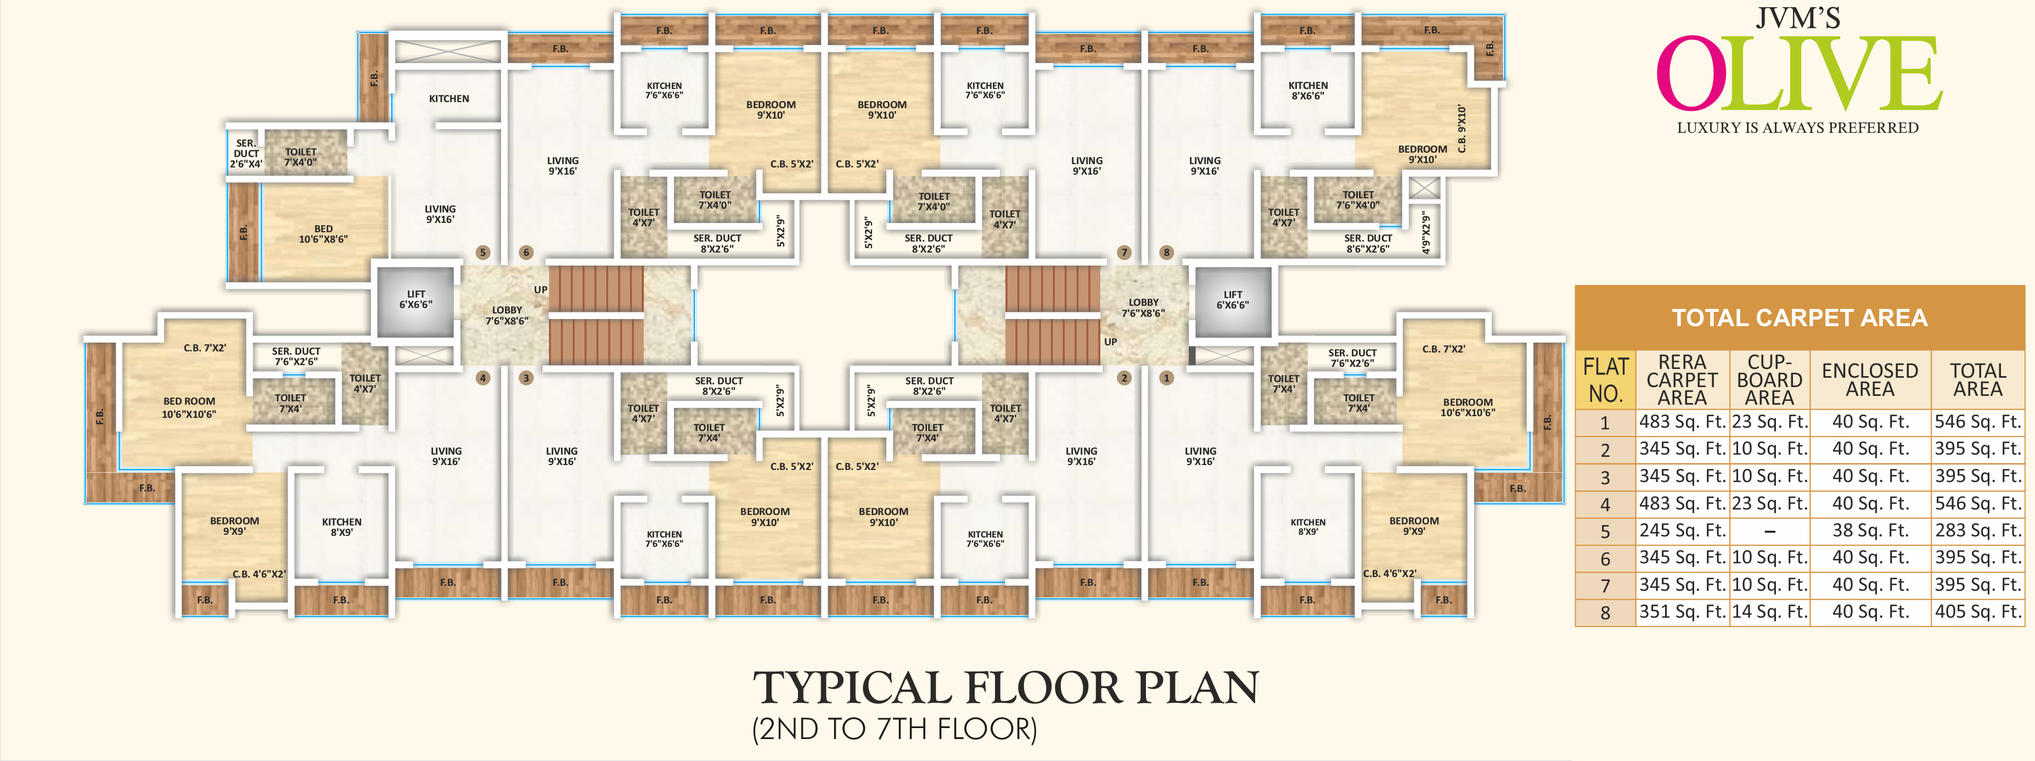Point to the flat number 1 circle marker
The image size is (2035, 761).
tap(1166, 378)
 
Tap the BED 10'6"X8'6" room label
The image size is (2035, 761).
tap(323, 234)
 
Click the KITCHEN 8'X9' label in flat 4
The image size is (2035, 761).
tap(341, 527)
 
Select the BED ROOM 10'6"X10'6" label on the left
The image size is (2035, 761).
tap(189, 407)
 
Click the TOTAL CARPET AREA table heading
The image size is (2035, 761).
tap(1800, 318)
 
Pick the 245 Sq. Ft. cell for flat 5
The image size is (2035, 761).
tap(1682, 530)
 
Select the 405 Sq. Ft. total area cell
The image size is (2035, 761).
tap(1977, 612)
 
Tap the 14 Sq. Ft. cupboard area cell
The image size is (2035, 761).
tap(1769, 612)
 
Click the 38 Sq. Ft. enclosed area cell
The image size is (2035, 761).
tap(1870, 530)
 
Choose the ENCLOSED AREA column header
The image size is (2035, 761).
tap(1870, 380)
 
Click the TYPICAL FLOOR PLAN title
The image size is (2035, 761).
tap(1005, 687)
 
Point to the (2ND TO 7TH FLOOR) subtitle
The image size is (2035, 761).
tap(894, 729)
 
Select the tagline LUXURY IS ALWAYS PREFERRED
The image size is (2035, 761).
tap(1798, 128)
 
